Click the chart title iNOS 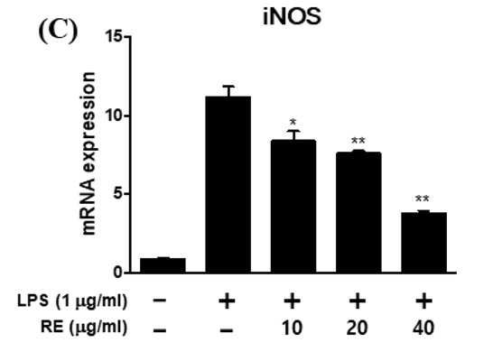tap(292, 16)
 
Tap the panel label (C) tap(58, 32)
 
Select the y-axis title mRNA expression tap(88, 153)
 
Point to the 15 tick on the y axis tap(127, 37)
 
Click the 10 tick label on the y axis tap(113, 116)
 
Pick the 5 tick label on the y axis tap(117, 193)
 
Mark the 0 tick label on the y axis tap(117, 273)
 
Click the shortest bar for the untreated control tap(163, 265)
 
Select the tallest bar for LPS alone tap(228, 184)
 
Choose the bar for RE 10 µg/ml tap(293, 206)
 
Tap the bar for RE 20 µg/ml tap(358, 212)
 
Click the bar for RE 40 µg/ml tap(423, 243)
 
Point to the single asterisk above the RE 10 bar tap(293, 122)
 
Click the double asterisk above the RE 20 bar tap(358, 140)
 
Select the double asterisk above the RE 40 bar tap(423, 199)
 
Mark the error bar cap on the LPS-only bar tap(228, 86)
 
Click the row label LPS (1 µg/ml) tap(72, 301)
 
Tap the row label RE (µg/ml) tap(84, 327)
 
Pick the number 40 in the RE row tap(423, 328)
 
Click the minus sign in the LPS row tap(160, 300)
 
